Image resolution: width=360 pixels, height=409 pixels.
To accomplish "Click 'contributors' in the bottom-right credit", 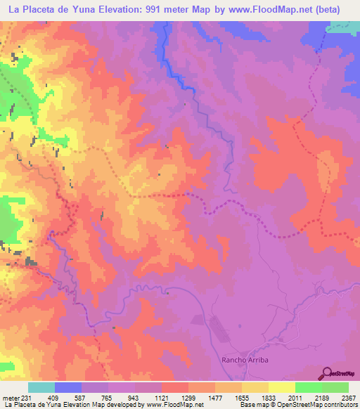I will coord(340,404).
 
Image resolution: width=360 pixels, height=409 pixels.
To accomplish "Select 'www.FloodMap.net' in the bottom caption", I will coord(161,404).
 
